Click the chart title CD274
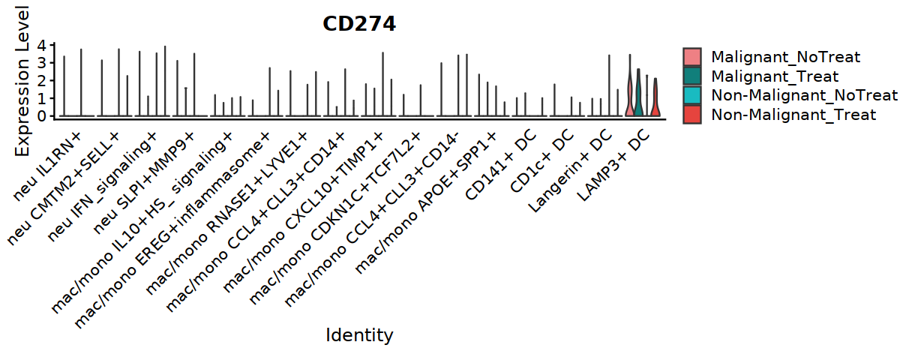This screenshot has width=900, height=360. (359, 24)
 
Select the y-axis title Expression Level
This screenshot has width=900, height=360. (22, 82)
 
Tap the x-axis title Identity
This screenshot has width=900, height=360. (359, 335)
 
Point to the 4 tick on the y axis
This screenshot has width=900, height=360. (42, 46)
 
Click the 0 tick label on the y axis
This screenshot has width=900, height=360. (42, 116)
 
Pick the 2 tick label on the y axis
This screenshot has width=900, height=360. (42, 81)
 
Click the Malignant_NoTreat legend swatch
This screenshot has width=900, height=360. (692, 57)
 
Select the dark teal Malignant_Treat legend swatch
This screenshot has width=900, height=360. (692, 76)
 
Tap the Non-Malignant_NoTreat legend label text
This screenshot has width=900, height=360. (804, 95)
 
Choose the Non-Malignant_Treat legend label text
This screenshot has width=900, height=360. (793, 115)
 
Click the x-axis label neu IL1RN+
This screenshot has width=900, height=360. (47, 166)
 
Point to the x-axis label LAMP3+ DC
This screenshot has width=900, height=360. (613, 165)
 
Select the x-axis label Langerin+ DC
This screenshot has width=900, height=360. (570, 171)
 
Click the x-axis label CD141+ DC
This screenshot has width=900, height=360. (501, 165)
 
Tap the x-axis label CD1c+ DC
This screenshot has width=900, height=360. (542, 161)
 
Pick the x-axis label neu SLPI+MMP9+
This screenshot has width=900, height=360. (143, 182)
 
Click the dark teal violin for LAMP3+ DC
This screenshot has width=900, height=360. (638, 97)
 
